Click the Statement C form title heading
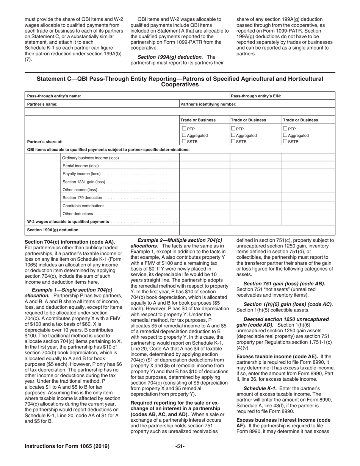pos(180,81)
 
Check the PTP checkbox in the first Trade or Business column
pos(184,129)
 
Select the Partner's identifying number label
pos(208,104)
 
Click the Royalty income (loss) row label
pos(81,174)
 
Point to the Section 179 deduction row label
pos(82,198)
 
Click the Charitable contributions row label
pos(83,206)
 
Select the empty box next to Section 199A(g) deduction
pos(157,230)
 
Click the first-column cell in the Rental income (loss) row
pos(204,166)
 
